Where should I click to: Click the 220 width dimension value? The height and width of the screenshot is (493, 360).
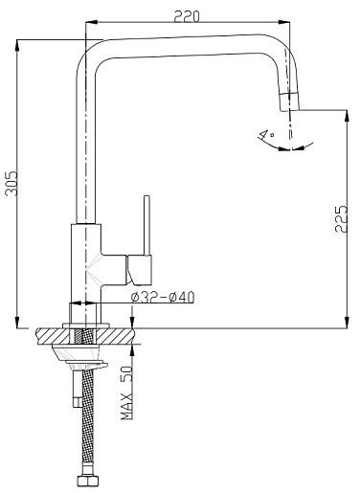click(x=187, y=16)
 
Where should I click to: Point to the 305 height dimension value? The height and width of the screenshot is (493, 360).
click(x=11, y=184)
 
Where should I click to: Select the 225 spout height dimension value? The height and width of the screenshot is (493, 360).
click(x=341, y=219)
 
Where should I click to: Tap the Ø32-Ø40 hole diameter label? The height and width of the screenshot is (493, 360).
click(x=163, y=298)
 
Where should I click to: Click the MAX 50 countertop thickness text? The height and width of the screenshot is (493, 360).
click(x=126, y=392)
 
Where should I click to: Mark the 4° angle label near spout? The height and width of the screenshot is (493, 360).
click(x=266, y=134)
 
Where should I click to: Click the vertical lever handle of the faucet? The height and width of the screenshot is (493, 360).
click(x=146, y=225)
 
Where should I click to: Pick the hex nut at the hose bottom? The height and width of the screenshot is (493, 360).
click(x=88, y=481)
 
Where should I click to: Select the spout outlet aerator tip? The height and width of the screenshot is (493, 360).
click(x=290, y=102)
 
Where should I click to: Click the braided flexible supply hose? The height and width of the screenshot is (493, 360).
click(x=88, y=422)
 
